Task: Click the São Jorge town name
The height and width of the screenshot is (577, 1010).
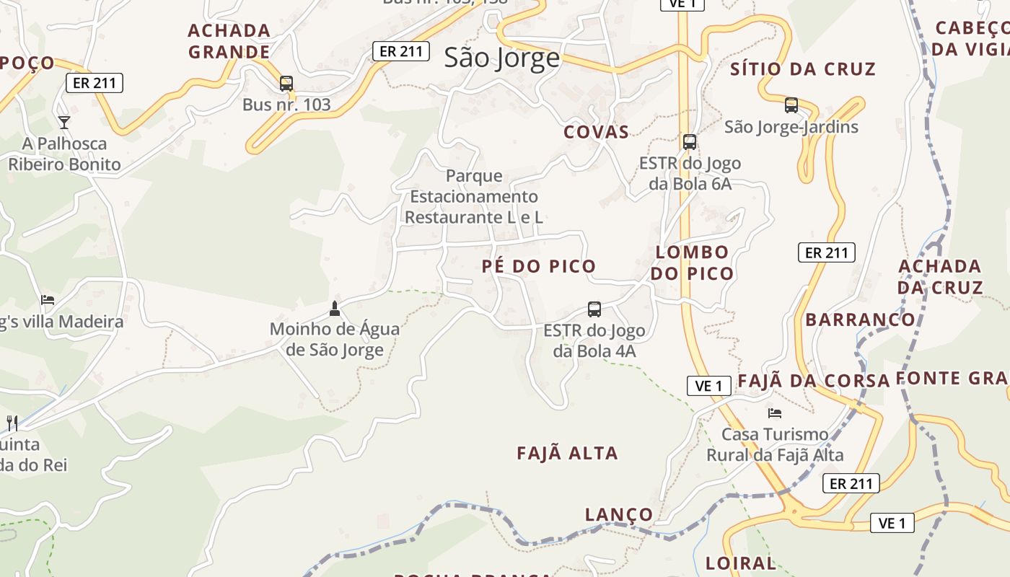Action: coord(501,58)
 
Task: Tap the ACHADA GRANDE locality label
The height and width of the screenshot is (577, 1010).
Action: coord(229,41)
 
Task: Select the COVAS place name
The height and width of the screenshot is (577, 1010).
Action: coord(596,132)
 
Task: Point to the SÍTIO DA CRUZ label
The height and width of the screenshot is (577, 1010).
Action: coord(803,69)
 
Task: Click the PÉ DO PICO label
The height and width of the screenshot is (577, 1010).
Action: coord(539,266)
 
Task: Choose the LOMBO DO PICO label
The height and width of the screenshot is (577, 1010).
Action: coord(692,263)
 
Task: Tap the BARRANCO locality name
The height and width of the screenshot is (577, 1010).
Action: coord(860,320)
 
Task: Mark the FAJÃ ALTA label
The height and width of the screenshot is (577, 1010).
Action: coord(567,454)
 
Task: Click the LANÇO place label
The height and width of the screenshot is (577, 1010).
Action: coord(619,515)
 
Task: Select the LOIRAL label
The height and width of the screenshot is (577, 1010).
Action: coord(741,563)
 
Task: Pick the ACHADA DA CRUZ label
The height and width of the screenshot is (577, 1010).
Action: coord(940,277)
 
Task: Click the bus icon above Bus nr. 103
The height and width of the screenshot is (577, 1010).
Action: coord(286,84)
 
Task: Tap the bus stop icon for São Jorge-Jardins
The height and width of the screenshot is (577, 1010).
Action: coord(791,105)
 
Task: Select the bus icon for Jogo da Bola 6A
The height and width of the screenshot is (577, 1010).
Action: coord(690,142)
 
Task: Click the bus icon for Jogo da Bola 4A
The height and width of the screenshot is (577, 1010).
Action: coord(594,309)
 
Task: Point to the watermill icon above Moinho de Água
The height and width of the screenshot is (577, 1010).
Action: coord(334,309)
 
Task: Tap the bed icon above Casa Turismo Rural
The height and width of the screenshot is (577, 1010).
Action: coord(775,413)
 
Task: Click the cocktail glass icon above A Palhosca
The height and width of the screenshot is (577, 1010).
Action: coord(64,122)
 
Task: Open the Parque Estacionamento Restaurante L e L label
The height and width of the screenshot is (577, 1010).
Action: coord(473,196)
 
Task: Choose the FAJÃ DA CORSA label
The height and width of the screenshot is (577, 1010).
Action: coord(813,381)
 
